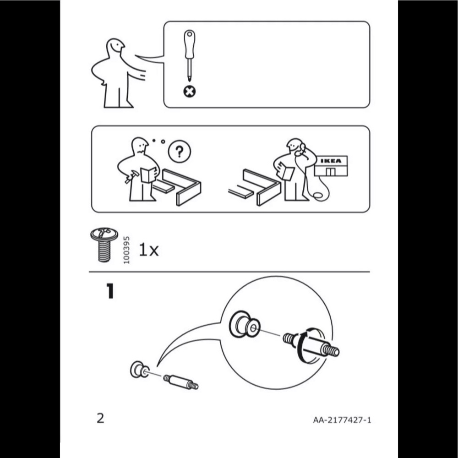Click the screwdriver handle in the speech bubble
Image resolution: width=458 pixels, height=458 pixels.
point(190,44)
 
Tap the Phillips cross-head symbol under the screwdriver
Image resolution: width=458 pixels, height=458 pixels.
point(190,92)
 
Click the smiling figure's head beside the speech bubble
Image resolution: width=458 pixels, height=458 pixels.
point(115,47)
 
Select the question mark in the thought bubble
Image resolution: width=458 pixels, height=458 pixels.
point(180,152)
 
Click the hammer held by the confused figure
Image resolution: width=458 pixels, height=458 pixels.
point(131,176)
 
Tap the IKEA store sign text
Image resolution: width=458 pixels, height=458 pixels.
point(331,161)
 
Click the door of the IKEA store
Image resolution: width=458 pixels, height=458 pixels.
point(330,172)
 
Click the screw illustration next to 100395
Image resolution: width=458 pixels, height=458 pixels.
point(104,245)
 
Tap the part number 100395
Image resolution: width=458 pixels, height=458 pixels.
point(126,250)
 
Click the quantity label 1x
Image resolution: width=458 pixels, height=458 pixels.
point(149,250)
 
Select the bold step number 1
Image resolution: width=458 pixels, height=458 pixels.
point(110,291)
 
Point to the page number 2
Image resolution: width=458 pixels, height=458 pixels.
point(100,418)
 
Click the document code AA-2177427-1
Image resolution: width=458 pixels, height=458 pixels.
point(342,420)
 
